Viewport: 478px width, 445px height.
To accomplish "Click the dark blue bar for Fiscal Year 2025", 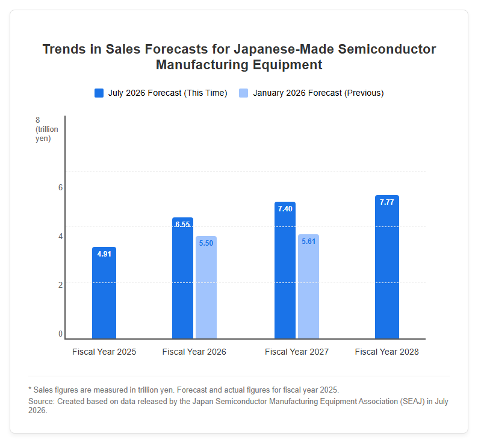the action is point(104,293).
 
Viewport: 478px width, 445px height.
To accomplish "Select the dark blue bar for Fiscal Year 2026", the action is point(182,278).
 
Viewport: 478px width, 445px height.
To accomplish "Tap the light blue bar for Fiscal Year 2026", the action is point(206,287).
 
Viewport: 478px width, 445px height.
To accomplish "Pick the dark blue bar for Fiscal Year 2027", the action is point(285,270).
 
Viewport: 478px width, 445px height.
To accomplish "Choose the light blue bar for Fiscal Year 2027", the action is point(308,287).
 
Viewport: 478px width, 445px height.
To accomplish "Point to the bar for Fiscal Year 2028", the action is point(387,267).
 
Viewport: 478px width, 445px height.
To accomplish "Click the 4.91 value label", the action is point(104,254).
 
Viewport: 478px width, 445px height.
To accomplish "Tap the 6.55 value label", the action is point(182,224).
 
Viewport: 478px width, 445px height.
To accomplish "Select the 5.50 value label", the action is point(206,243).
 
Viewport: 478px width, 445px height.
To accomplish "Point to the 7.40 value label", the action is point(285,208).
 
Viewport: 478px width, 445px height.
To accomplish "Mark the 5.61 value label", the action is point(308,241).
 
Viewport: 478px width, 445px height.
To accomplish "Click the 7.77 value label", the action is point(387,202).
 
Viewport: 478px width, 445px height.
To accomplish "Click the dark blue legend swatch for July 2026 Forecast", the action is point(99,93).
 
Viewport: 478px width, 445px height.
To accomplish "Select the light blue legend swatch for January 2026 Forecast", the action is point(244,93).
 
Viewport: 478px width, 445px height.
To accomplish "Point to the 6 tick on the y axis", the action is point(60,187).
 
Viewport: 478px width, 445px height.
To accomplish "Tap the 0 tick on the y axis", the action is point(60,334).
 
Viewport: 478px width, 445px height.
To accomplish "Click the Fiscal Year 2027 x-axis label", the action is point(297,352).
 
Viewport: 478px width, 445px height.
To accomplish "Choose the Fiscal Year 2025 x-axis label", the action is point(104,352).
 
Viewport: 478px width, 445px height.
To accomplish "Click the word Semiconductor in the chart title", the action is point(387,49).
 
